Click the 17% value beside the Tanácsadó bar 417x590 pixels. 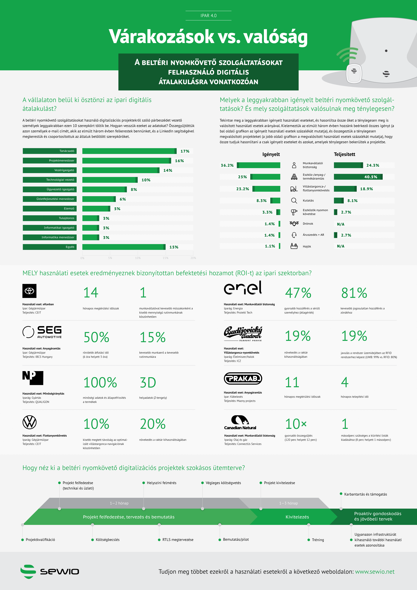point(185,151)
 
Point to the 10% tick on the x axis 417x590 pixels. point(138,258)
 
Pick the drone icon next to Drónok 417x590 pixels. point(294,224)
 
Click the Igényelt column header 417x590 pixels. point(271,154)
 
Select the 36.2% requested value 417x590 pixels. point(227,165)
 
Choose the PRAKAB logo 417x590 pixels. point(243,378)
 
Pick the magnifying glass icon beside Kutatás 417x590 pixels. point(294,200)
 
